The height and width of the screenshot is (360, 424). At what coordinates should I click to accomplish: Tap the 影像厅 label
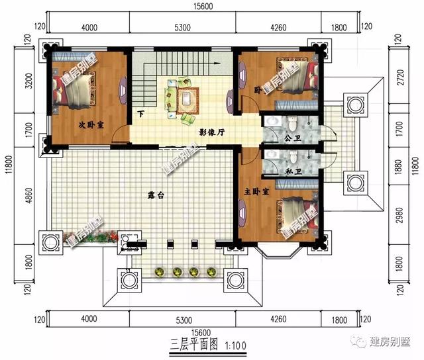click(x=212, y=132)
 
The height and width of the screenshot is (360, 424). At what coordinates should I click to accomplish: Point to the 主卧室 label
click(x=256, y=192)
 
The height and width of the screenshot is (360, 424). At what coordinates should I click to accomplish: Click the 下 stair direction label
click(x=141, y=114)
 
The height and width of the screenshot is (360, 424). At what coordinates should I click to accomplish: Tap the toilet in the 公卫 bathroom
click(x=291, y=124)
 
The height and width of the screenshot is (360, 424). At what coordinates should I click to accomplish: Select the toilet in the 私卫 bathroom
click(x=291, y=156)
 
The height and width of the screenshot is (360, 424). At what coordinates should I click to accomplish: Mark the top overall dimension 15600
click(x=203, y=5)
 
